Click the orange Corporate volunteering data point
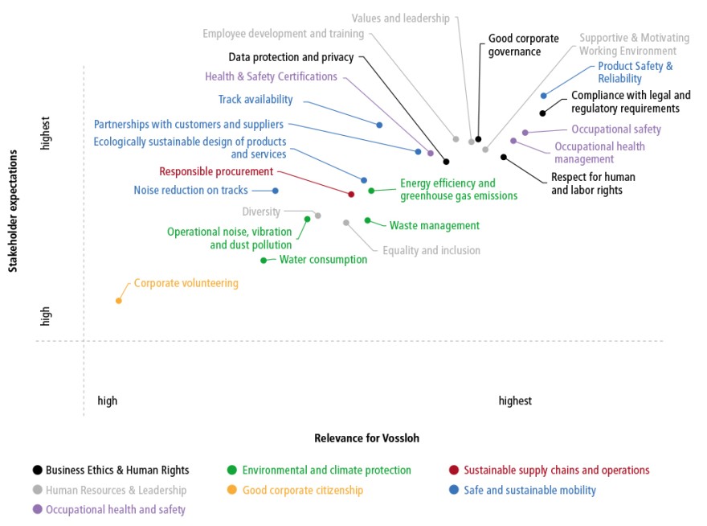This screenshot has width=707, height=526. click(x=119, y=301)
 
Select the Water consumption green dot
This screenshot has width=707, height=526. click(x=264, y=261)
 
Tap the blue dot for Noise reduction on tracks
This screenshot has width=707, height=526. click(x=276, y=191)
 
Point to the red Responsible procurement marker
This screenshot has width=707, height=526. click(x=351, y=194)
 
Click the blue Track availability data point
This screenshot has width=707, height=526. click(x=380, y=125)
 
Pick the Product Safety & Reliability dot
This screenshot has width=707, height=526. click(x=544, y=96)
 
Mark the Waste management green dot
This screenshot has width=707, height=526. click(x=367, y=220)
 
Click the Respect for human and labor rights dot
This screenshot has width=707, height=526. click(x=504, y=157)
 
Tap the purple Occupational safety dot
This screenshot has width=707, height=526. click(x=525, y=133)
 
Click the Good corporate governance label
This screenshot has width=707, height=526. click(x=524, y=45)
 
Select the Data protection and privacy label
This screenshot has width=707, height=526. click(x=291, y=57)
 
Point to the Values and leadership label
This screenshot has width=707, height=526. click(x=400, y=18)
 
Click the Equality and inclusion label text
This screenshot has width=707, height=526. click(x=431, y=251)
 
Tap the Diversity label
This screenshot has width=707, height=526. click(x=261, y=212)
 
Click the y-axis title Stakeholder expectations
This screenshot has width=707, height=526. click(x=13, y=211)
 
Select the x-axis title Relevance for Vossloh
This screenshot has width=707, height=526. click(x=366, y=438)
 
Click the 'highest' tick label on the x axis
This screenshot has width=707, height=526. click(x=515, y=401)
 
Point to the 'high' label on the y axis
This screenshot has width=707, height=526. click(x=45, y=316)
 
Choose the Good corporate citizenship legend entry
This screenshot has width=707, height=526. click(x=296, y=490)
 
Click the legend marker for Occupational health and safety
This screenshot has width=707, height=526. click(x=38, y=509)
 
